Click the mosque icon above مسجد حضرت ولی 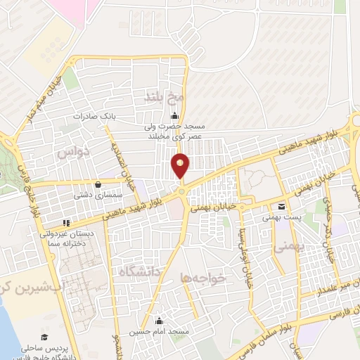coord(174,117)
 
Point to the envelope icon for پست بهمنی coord(281,207)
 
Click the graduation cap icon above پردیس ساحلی coord(44,337)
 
